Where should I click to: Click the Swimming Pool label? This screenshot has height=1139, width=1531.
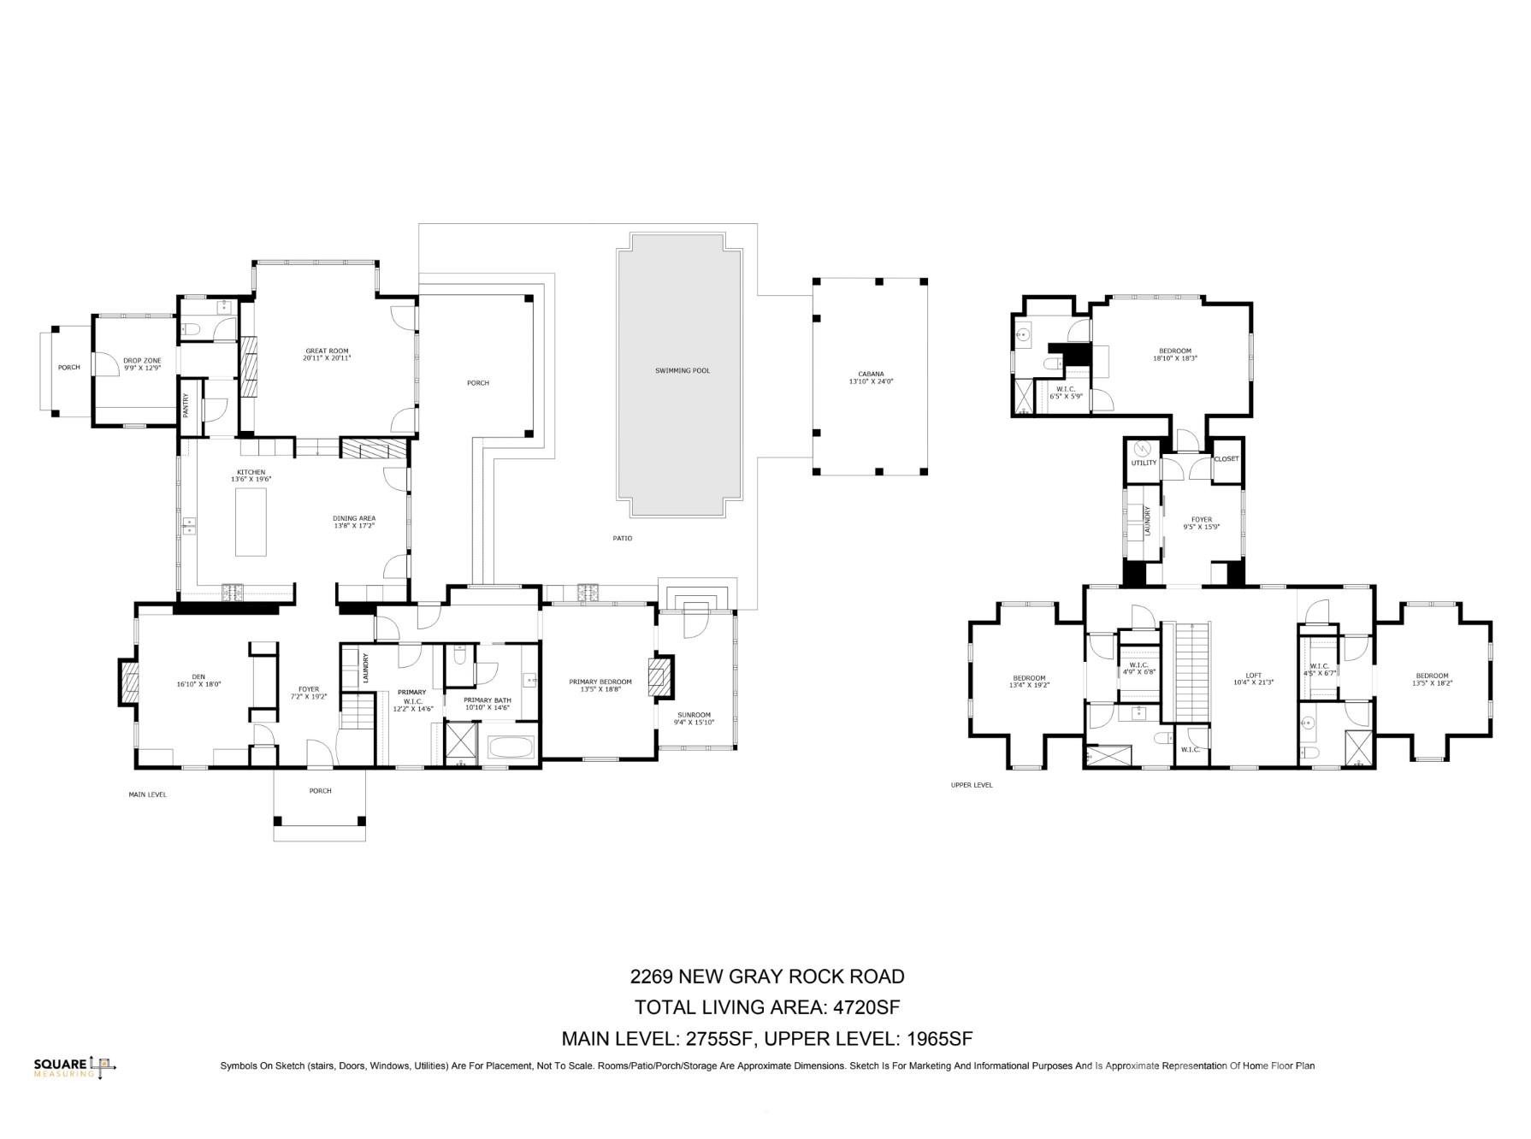pyautogui.click(x=682, y=370)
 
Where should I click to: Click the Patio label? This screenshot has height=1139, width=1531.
pyautogui.click(x=622, y=538)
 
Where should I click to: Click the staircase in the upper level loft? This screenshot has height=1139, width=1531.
pyautogui.click(x=1188, y=672)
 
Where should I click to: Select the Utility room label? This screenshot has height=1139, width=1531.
pyautogui.click(x=1144, y=463)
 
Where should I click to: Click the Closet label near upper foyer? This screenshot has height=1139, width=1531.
pyautogui.click(x=1226, y=459)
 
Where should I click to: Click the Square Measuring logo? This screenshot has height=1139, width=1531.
pyautogui.click(x=74, y=1066)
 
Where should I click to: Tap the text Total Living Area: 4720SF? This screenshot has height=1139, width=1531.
pyautogui.click(x=766, y=1006)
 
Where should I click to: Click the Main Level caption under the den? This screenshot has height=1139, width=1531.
pyautogui.click(x=147, y=794)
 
